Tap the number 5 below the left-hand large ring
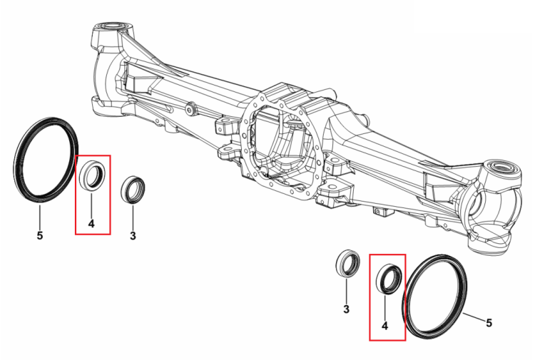coord(40,235)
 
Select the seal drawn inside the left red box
coord(92,175)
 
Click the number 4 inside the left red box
coord(91,224)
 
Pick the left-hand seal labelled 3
coord(133,190)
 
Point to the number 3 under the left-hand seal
coord(133,235)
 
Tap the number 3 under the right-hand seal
coord(346,309)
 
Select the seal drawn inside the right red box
coord(389,279)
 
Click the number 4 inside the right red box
coord(385,326)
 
